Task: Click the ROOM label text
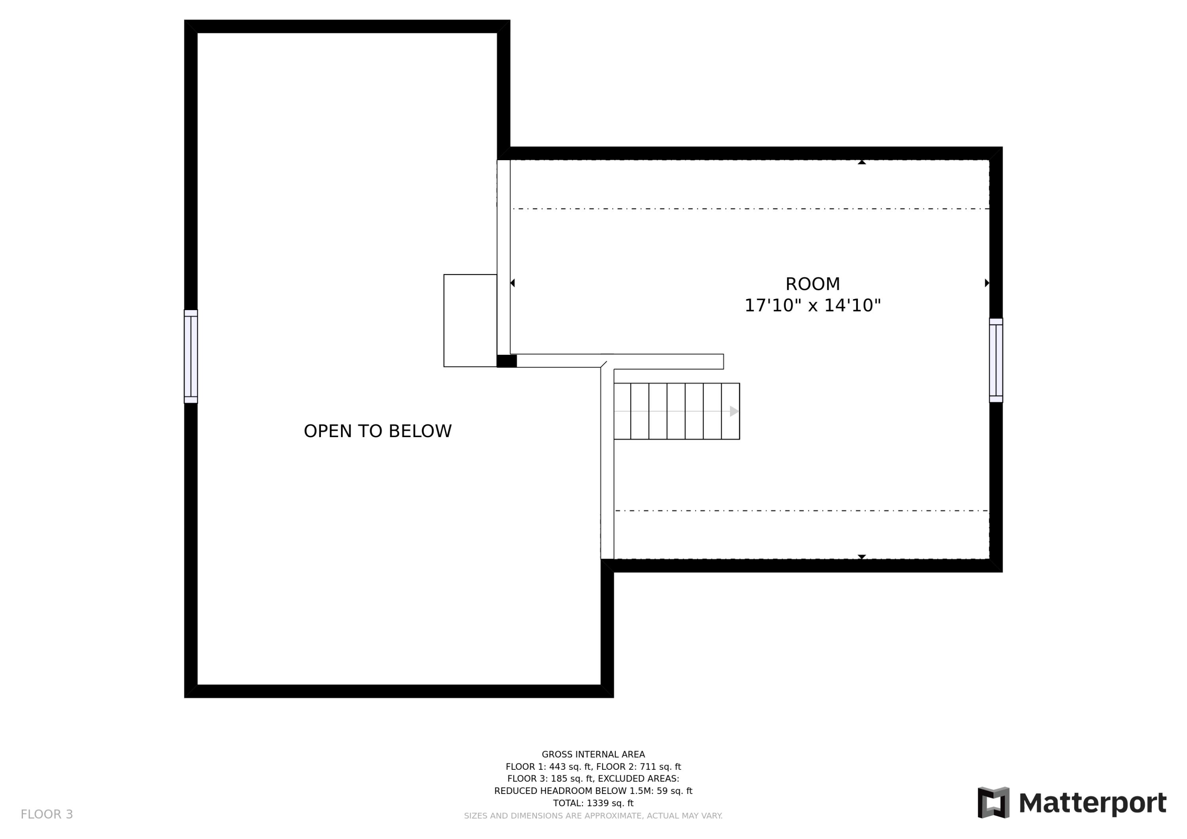coord(812,284)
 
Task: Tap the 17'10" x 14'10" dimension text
coord(812,305)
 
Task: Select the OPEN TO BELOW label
coord(377,431)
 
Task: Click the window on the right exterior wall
coord(996,360)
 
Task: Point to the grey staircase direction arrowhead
coord(734,411)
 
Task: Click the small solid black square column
coord(506,361)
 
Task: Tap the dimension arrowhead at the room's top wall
coord(862,162)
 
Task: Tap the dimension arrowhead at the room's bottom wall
coord(862,557)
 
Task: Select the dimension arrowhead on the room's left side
coord(512,283)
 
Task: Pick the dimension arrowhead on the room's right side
coord(987,283)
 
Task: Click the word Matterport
coord(1092,803)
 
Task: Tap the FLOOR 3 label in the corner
coord(47,815)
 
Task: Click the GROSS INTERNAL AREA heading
coord(593,755)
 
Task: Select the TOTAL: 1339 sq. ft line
coord(593,803)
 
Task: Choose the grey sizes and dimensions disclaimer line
coord(593,816)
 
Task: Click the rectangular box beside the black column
coord(470,320)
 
